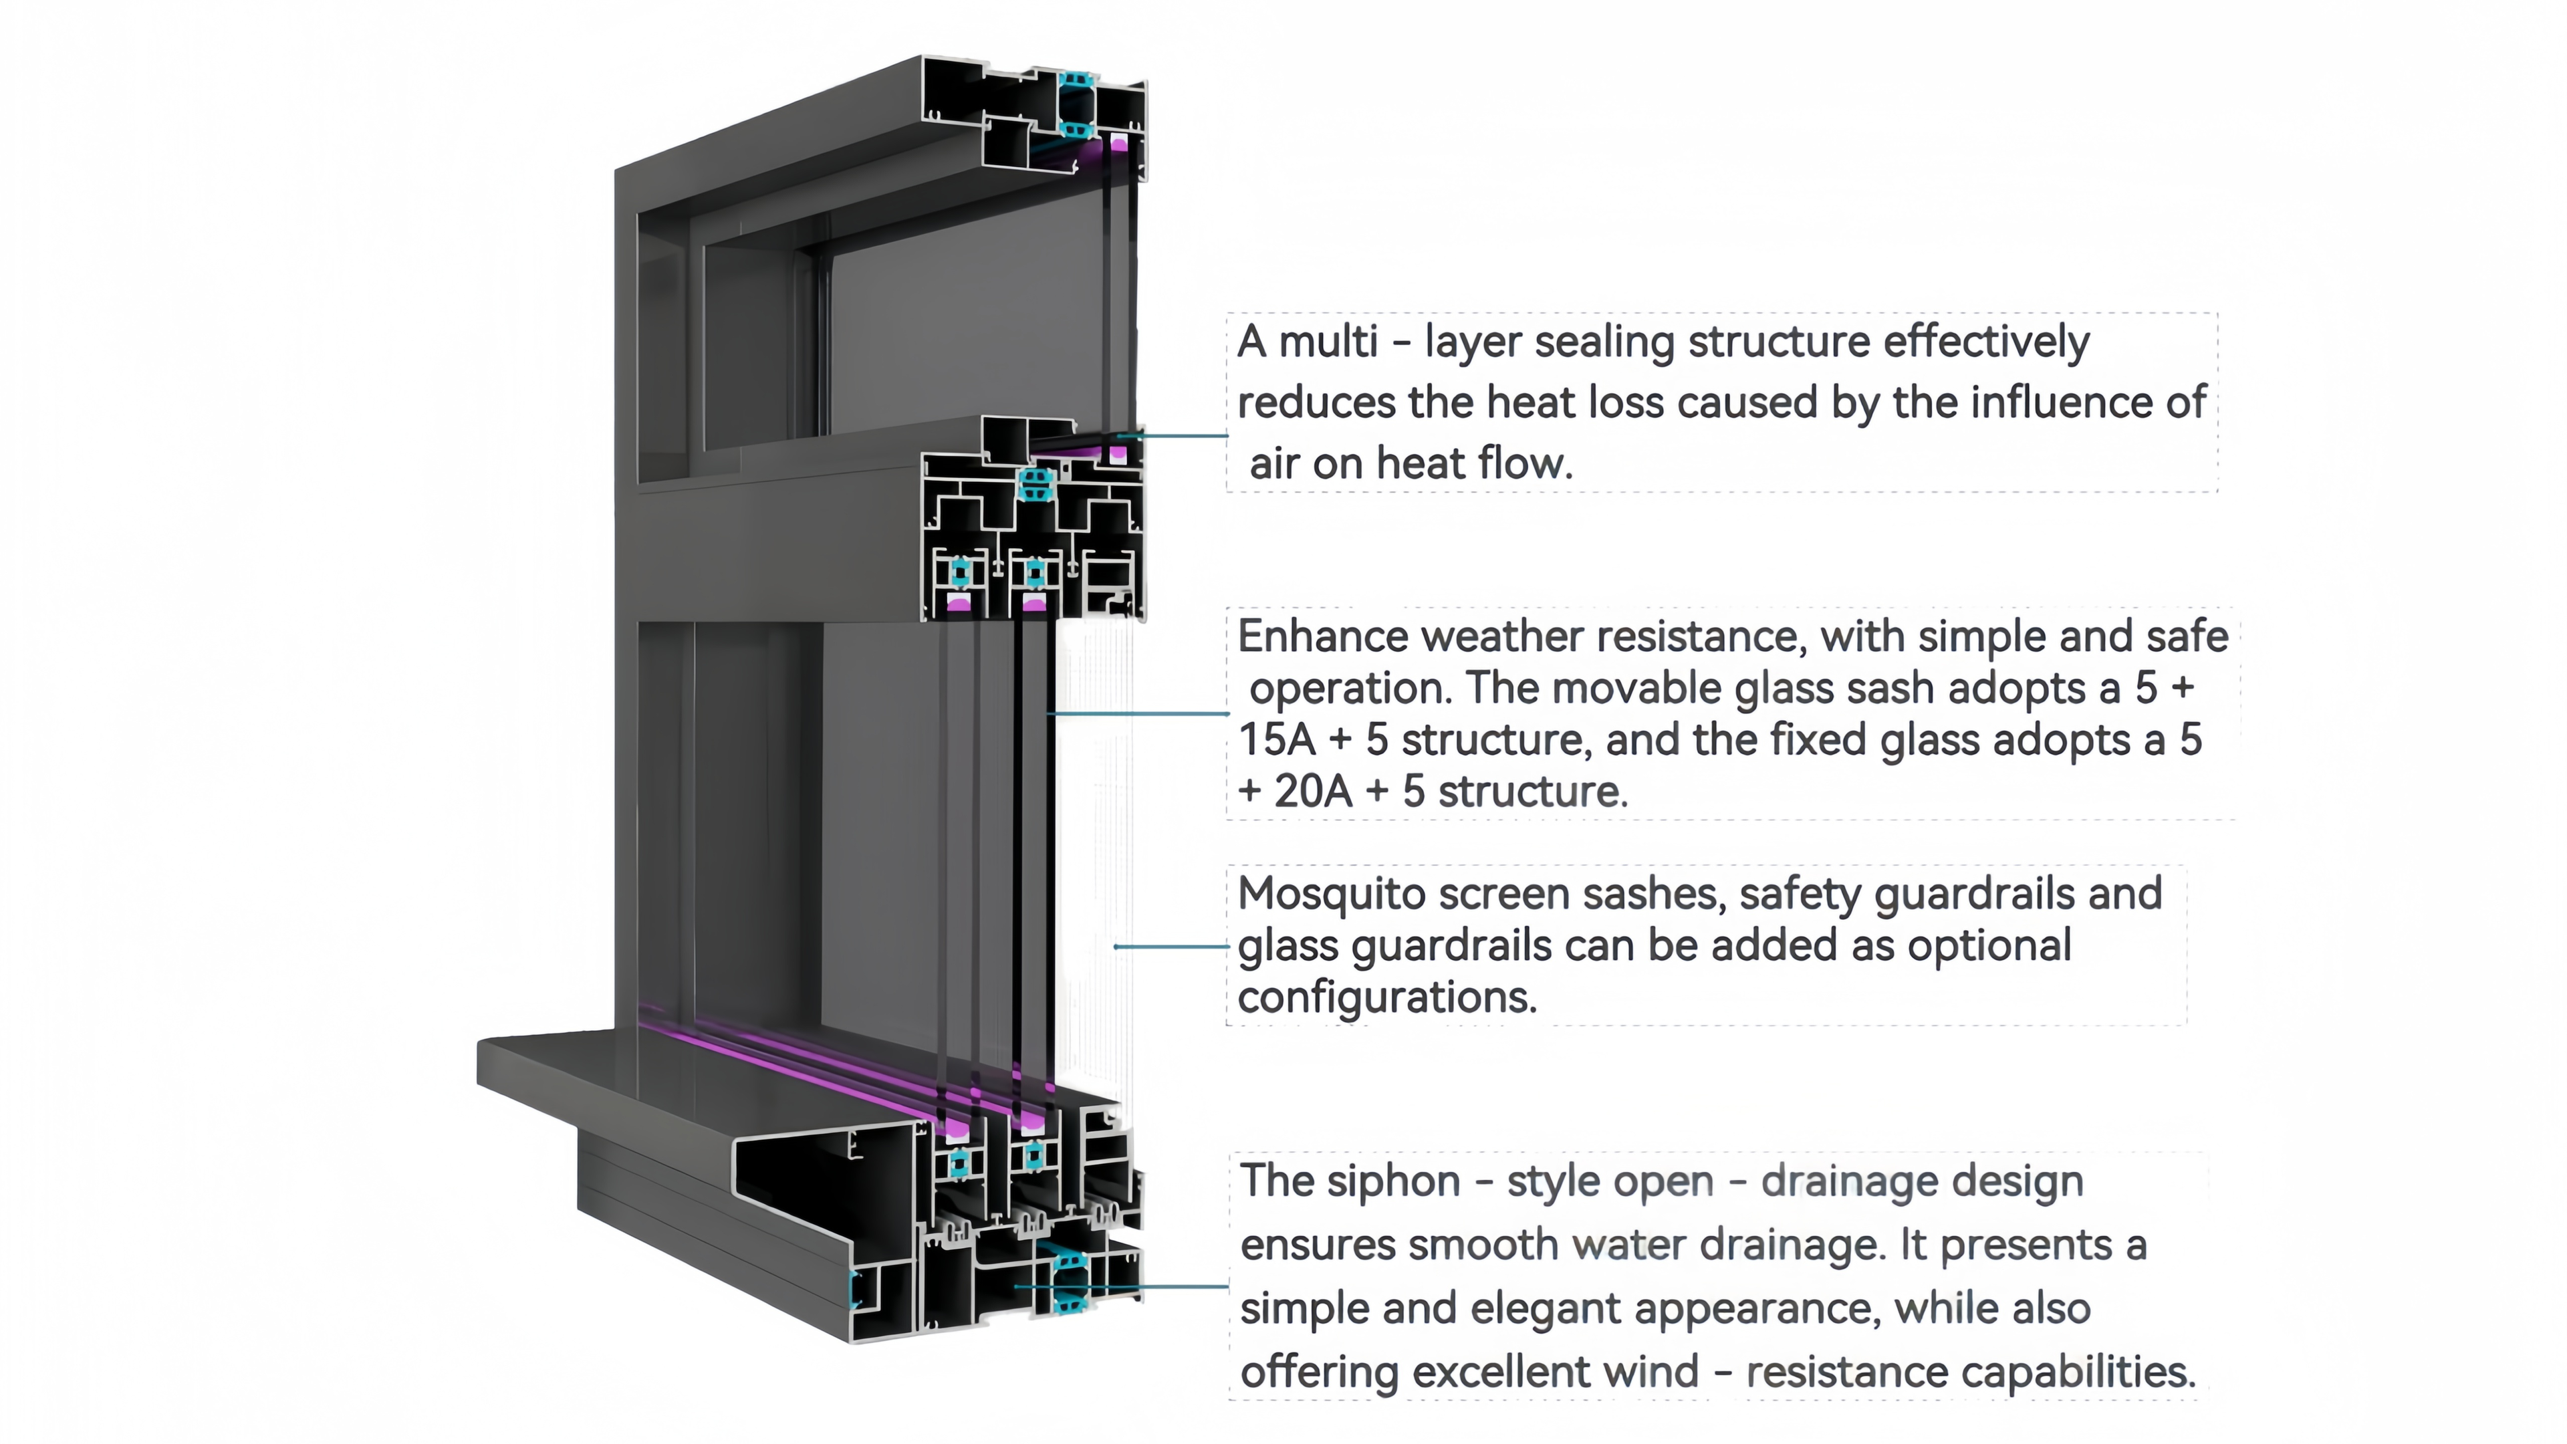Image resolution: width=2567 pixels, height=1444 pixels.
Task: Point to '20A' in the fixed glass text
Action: pos(1312,792)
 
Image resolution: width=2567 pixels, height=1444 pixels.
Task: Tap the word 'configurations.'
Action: pos(1387,997)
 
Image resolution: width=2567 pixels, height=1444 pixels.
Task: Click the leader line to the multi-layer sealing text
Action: pos(1176,435)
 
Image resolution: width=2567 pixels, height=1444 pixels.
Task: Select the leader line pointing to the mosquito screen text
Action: pos(1171,946)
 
